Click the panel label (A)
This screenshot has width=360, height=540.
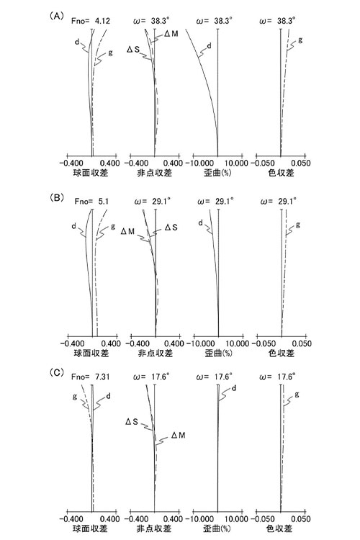point(56,16)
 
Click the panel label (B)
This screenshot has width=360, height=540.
point(57,198)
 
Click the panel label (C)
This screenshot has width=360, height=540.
point(57,373)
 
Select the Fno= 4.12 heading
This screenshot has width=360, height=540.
point(91,21)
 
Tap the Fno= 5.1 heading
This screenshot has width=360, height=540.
point(91,202)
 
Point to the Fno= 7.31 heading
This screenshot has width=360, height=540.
point(90,377)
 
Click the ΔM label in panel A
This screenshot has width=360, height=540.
point(171,33)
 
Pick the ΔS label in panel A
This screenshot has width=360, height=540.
point(133,49)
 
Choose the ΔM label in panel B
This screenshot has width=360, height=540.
point(127,231)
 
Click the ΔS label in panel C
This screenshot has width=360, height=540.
point(132,421)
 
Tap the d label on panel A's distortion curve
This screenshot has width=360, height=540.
point(209,45)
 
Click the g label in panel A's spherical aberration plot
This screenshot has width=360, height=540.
point(110,53)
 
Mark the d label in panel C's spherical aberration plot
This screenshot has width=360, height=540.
point(108,397)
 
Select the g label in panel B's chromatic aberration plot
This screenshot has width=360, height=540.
point(298,225)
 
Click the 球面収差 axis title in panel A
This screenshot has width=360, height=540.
point(91,173)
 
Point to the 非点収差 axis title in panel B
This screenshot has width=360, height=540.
point(156,353)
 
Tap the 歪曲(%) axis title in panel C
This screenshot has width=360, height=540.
point(217,528)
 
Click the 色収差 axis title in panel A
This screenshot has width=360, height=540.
point(281,173)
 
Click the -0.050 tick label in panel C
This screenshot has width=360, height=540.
point(264,519)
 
